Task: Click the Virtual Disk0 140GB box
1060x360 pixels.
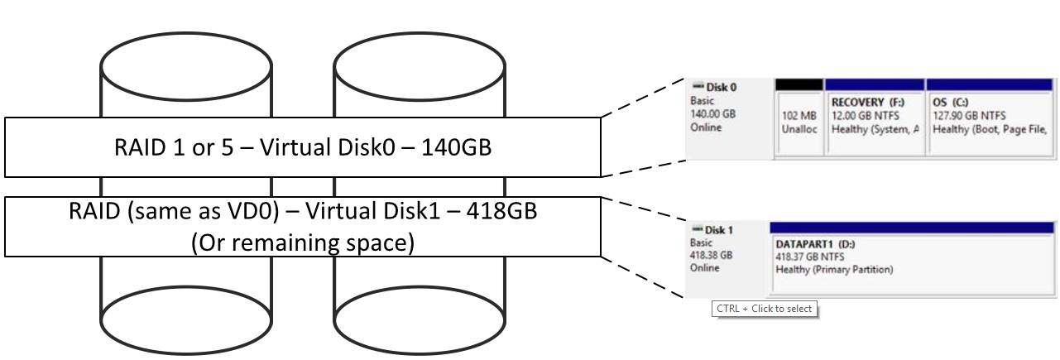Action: [x=302, y=147]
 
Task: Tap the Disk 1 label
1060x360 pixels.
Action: [x=717, y=230]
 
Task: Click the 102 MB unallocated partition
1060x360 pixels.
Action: [x=799, y=122]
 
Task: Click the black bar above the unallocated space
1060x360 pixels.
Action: [x=799, y=84]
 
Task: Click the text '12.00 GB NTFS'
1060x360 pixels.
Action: [x=865, y=116]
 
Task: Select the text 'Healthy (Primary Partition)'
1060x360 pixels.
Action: [x=834, y=270]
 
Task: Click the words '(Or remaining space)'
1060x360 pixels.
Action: [x=302, y=243]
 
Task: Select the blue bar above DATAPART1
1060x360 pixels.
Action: [x=910, y=227]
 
